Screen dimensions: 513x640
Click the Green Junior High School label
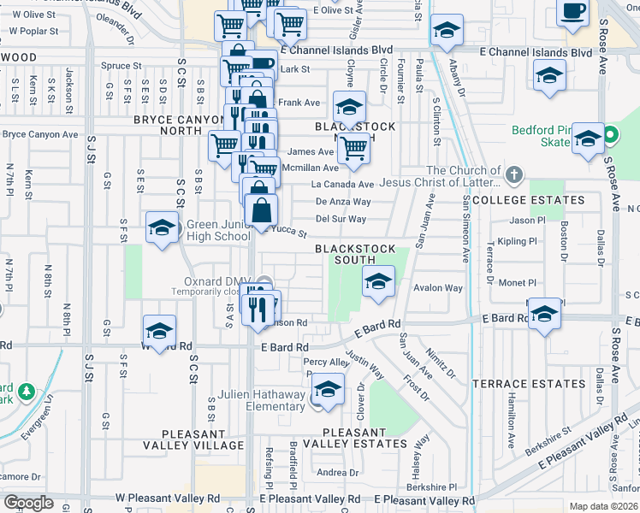218,231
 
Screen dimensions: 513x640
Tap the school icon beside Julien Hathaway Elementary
328,390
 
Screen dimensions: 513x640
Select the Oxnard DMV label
213,280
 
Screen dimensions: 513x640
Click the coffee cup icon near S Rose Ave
572,12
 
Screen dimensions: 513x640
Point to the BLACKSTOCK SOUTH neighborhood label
355,254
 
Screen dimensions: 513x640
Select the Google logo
28,502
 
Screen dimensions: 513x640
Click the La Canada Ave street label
342,184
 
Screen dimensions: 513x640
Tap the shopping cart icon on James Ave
353,149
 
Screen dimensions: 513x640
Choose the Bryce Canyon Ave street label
39,134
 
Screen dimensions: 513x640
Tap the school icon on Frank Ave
349,108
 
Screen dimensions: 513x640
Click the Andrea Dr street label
331,473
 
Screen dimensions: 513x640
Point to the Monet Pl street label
518,283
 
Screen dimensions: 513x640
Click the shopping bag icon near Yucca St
261,209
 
